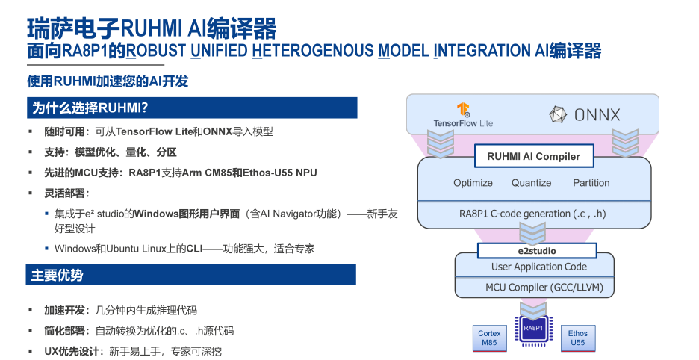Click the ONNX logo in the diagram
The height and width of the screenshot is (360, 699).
585,114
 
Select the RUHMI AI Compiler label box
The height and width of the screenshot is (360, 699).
533,157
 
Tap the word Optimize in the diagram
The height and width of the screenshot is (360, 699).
473,183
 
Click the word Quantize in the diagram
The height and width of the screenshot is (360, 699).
531,183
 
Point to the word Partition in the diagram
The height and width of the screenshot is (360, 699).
591,183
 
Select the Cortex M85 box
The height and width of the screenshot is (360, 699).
489,338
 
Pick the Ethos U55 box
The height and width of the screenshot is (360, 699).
578,338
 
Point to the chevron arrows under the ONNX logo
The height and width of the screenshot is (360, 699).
625,141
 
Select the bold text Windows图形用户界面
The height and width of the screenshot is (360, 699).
187,214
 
